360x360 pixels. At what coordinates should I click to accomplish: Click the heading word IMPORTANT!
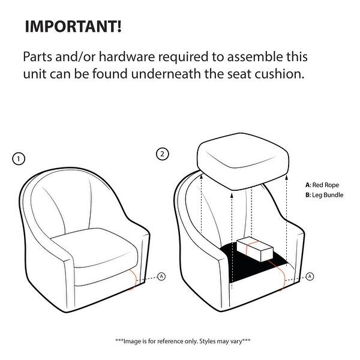[x=73, y=26]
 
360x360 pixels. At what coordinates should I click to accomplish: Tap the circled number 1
[x=19, y=158]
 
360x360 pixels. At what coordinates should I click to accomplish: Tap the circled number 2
[x=163, y=154]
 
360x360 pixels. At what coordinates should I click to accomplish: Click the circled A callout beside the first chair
[x=161, y=276]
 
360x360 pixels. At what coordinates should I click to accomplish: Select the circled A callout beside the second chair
[x=310, y=276]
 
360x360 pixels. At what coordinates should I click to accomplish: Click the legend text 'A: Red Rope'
[x=322, y=185]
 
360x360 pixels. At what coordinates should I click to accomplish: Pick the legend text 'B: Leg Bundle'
[x=325, y=195]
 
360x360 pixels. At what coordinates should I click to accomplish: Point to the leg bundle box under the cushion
[x=255, y=250]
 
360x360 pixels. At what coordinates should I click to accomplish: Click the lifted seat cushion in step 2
[x=243, y=161]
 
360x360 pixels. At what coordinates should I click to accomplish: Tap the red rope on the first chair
[x=133, y=279]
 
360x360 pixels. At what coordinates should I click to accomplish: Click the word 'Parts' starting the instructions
[x=38, y=57]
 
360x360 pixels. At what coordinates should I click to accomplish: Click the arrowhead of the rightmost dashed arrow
[x=286, y=178]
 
